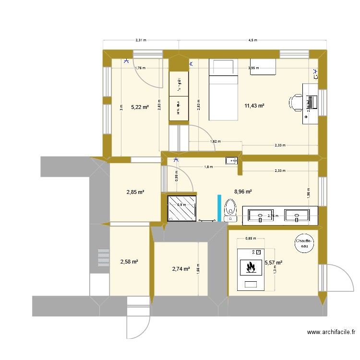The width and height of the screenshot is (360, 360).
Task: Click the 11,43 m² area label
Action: click(254, 106)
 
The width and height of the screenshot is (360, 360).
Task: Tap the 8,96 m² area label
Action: click(243, 192)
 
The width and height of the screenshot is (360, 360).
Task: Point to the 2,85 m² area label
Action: click(135, 192)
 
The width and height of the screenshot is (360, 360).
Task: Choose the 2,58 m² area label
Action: click(129, 262)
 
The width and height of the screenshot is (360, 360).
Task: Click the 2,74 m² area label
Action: click(180, 269)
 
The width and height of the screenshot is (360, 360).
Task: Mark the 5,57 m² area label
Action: click(273, 263)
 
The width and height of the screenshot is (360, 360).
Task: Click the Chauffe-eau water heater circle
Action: click(304, 243)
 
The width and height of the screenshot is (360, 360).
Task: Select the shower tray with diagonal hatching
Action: click(182, 208)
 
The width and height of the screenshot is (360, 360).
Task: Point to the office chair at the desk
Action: click(296, 102)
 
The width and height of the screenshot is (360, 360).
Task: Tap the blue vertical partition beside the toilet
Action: click(219, 208)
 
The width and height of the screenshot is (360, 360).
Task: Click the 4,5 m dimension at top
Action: click(252, 41)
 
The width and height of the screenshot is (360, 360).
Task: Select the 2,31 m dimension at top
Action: click(141, 41)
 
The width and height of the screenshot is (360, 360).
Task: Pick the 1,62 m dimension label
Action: click(215, 142)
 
